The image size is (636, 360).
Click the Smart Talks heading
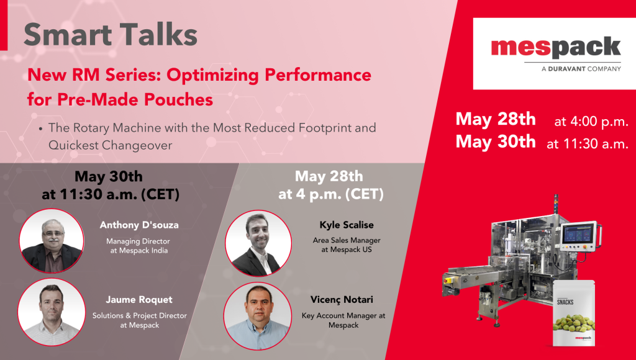click(111, 35)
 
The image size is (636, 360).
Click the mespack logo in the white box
click(556, 48)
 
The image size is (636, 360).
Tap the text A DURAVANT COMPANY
click(581, 68)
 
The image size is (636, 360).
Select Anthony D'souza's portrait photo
click(52, 240)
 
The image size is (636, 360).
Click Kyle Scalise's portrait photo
click(258, 243)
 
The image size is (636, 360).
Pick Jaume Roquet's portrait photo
click(52, 312)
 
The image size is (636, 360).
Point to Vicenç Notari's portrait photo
click(258, 316)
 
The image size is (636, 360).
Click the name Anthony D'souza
click(139, 225)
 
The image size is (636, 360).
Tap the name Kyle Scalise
click(347, 225)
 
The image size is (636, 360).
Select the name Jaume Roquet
click(139, 300)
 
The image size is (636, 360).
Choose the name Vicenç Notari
click(342, 300)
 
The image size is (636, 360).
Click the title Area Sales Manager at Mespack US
click(347, 245)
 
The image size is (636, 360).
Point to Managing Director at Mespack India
click(139, 246)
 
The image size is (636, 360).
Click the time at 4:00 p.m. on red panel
click(591, 122)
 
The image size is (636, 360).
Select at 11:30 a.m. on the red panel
click(588, 143)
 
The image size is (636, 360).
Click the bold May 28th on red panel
click(496, 119)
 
